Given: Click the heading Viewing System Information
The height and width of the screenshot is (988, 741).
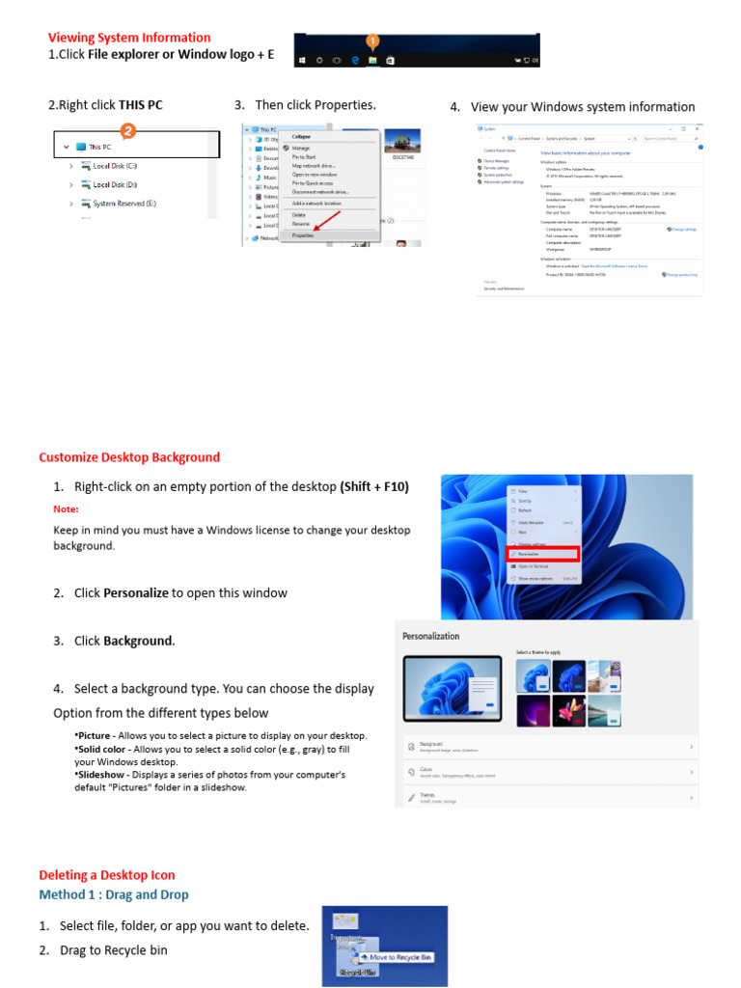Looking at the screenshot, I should pyautogui.click(x=129, y=38).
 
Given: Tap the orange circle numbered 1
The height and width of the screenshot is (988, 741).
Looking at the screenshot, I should pyautogui.click(x=372, y=41).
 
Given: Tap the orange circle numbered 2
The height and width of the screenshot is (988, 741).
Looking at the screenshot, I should pyautogui.click(x=127, y=130).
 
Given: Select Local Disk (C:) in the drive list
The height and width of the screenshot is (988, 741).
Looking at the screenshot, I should pyautogui.click(x=115, y=166).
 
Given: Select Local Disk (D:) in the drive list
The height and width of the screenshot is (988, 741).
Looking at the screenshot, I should pyautogui.click(x=115, y=184).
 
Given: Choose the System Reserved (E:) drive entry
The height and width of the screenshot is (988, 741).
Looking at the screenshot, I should pyautogui.click(x=123, y=204).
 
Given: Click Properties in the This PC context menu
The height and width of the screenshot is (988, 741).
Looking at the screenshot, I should pyautogui.click(x=303, y=234).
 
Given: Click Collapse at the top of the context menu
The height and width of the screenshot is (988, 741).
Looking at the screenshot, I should pyautogui.click(x=301, y=137).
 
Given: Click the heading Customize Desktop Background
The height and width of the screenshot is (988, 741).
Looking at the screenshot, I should pyautogui.click(x=129, y=457).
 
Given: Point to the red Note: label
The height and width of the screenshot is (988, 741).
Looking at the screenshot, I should pyautogui.click(x=66, y=508).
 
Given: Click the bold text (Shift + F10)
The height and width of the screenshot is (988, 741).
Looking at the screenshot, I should pyautogui.click(x=374, y=487).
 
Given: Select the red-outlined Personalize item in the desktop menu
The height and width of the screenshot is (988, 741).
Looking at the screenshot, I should pyautogui.click(x=543, y=554).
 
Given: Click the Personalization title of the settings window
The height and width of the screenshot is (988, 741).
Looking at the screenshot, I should pyautogui.click(x=430, y=636).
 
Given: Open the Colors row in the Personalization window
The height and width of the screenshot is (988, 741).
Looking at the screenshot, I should pyautogui.click(x=550, y=772).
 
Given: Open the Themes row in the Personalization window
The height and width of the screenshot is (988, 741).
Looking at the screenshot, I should pyautogui.click(x=550, y=798).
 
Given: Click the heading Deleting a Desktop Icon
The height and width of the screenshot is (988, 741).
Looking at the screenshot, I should pyautogui.click(x=107, y=875).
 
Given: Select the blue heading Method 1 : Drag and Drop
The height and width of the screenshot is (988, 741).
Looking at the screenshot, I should pyautogui.click(x=114, y=895).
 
